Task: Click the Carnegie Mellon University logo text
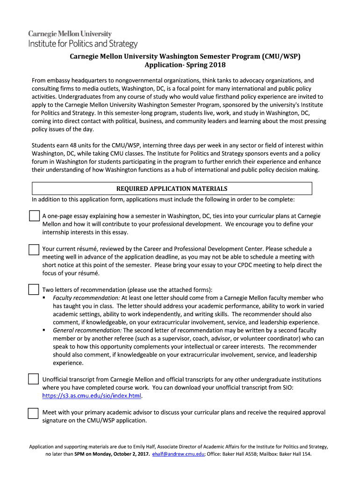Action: [x=70, y=34]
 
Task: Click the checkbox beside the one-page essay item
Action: [x=34, y=216]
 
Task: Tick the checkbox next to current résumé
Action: [x=34, y=249]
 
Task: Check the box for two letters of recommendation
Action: [x=34, y=289]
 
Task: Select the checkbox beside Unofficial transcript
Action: [x=34, y=378]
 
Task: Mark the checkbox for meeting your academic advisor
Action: [x=34, y=413]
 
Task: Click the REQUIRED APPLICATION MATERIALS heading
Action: [x=172, y=189]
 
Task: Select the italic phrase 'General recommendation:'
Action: [x=81, y=330]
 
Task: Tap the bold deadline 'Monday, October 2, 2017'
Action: [x=120, y=454]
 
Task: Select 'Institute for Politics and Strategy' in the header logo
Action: [x=83, y=44]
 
